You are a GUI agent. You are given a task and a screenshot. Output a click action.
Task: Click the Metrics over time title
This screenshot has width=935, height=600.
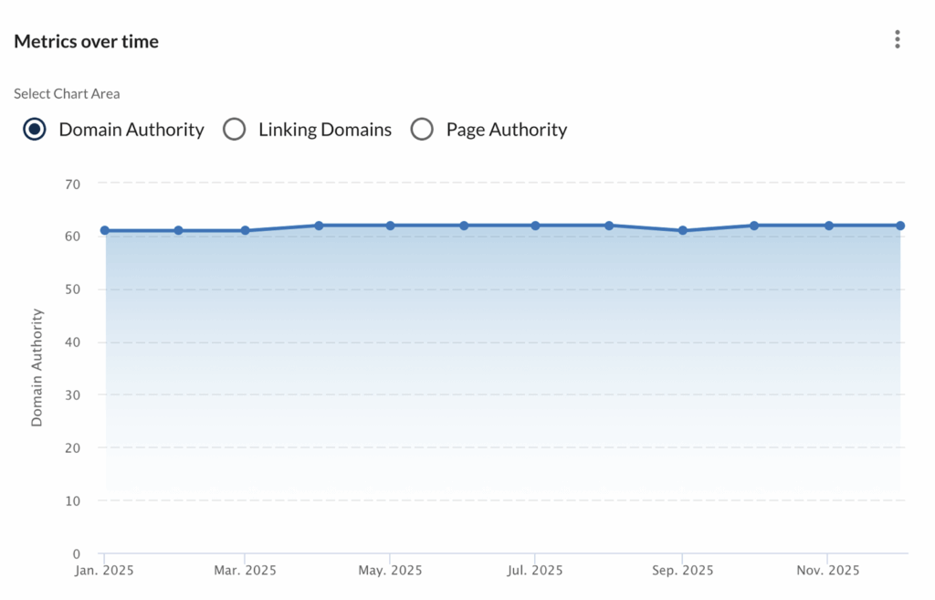click(x=86, y=41)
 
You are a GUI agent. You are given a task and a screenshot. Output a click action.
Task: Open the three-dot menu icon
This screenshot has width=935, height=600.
click(x=898, y=39)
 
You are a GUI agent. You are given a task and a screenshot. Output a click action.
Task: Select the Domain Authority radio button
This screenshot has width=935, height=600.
click(x=35, y=130)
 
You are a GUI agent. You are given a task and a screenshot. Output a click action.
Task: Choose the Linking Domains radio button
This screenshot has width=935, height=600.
click(x=235, y=130)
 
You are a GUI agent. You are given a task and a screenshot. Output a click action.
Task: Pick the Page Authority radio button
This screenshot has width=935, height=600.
click(x=422, y=130)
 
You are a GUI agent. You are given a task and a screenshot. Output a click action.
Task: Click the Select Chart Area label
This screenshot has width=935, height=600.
click(x=67, y=93)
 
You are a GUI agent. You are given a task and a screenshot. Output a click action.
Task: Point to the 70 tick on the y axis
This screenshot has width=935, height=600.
click(x=73, y=184)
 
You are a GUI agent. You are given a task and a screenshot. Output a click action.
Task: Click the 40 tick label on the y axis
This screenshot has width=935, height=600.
click(x=73, y=342)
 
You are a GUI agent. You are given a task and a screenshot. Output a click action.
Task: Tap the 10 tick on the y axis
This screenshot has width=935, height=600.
click(x=73, y=500)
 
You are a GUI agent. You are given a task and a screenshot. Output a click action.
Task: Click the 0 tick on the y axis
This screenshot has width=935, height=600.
click(x=77, y=553)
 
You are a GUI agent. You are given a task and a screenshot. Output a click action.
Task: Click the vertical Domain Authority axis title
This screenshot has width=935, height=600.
click(x=37, y=367)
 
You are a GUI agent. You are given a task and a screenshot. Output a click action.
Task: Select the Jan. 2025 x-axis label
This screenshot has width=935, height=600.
click(x=104, y=571)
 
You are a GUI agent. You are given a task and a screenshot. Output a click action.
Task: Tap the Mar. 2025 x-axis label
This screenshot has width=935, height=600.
click(x=245, y=571)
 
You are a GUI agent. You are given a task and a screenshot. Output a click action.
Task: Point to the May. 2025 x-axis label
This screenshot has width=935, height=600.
click(x=390, y=571)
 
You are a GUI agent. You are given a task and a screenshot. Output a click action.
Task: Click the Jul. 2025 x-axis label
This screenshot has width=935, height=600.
click(x=535, y=571)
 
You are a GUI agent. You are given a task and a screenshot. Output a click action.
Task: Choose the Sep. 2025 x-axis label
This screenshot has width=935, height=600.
click(x=681, y=571)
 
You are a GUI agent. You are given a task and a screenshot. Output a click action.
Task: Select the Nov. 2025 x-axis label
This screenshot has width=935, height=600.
click(x=827, y=571)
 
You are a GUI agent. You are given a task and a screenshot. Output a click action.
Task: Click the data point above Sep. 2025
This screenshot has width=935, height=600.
click(x=681, y=230)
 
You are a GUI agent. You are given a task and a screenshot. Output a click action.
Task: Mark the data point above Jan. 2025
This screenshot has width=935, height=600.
click(x=105, y=230)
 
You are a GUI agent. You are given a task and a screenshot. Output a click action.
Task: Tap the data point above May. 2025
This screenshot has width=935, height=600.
click(x=390, y=225)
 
